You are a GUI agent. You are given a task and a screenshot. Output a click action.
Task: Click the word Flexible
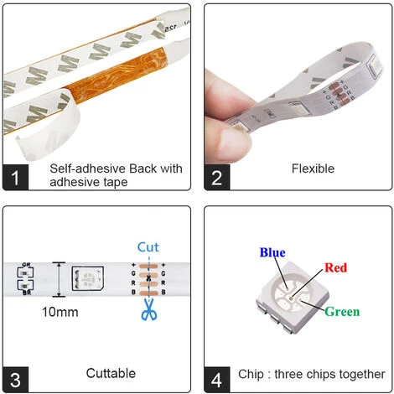tap(313, 168)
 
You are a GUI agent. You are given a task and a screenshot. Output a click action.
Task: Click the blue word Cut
tap(148, 247)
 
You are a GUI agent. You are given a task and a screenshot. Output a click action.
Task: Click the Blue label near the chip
tap(272, 252)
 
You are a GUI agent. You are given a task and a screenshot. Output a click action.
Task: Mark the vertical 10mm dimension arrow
tap(58, 279)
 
